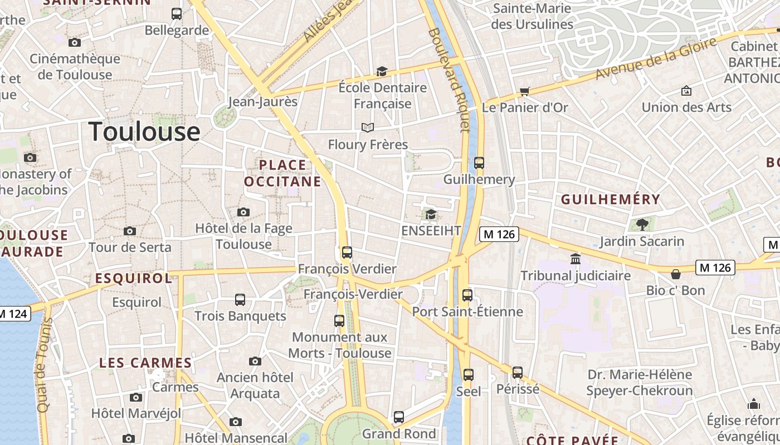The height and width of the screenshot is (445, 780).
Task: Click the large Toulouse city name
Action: [144, 132]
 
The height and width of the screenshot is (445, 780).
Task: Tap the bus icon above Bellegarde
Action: [177, 14]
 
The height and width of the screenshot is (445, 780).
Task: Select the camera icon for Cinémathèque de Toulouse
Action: [74, 42]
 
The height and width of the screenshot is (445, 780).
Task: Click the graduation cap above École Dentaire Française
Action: [382, 71]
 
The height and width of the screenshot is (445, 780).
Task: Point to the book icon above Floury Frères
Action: [367, 128]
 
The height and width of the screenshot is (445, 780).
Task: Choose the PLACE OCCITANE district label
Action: [282, 173]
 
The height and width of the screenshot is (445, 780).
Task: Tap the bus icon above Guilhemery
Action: [479, 163]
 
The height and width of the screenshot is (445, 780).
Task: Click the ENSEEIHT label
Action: [431, 231]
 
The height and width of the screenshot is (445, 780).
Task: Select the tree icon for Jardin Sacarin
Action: [642, 225]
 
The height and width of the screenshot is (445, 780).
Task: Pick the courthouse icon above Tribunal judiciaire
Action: [575, 259]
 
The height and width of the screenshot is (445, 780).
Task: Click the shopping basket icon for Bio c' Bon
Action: [675, 274]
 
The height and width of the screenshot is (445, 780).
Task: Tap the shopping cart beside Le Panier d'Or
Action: [524, 91]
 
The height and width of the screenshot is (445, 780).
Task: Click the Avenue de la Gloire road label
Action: [655, 60]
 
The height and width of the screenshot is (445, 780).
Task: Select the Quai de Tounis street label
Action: [43, 364]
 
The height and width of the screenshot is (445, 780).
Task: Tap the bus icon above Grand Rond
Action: [399, 417]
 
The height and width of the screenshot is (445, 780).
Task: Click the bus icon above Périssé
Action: [518, 372]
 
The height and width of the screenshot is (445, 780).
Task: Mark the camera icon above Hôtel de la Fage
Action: [243, 212]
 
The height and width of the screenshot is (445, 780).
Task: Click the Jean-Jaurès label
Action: [263, 102]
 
